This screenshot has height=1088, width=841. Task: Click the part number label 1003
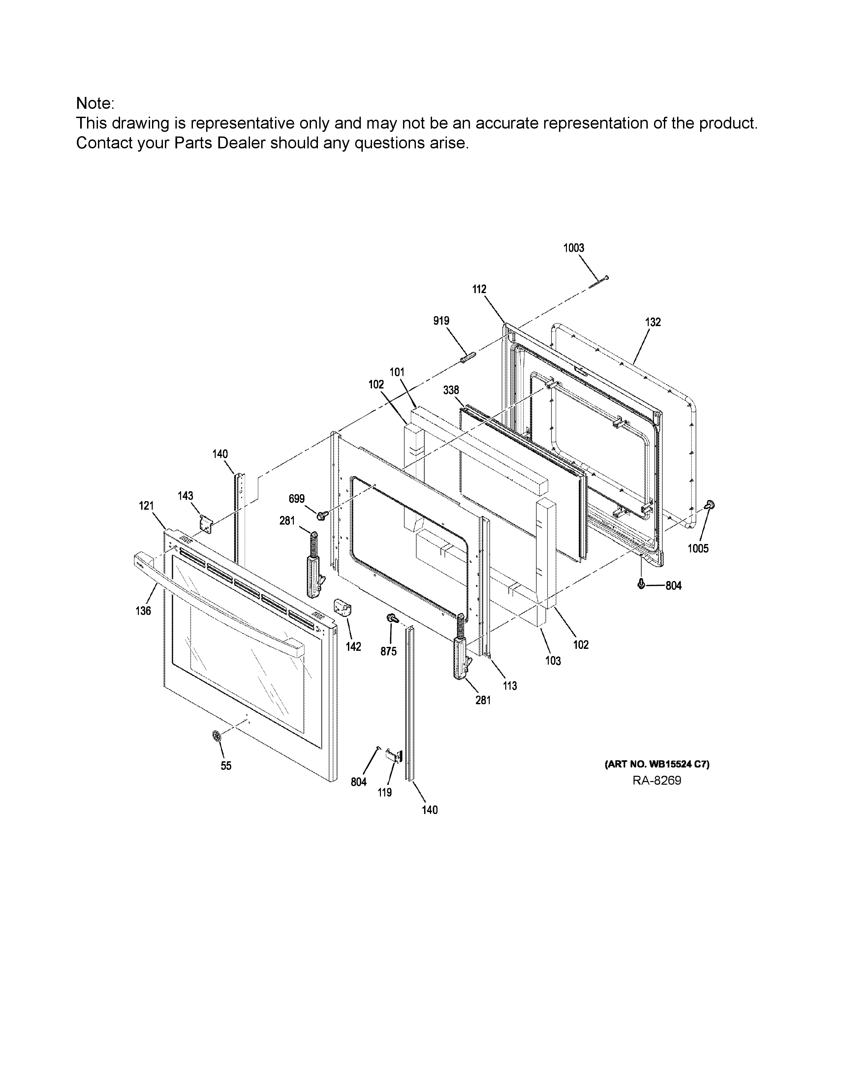pyautogui.click(x=574, y=248)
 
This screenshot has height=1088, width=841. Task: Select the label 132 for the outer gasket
pyautogui.click(x=653, y=322)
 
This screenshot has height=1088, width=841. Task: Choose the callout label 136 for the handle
pyautogui.click(x=143, y=611)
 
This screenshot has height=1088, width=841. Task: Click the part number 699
pyautogui.click(x=296, y=499)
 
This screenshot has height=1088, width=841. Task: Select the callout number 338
pyautogui.click(x=451, y=390)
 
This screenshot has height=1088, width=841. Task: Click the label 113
pyautogui.click(x=510, y=686)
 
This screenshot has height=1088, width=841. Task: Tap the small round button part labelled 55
pyautogui.click(x=216, y=735)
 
